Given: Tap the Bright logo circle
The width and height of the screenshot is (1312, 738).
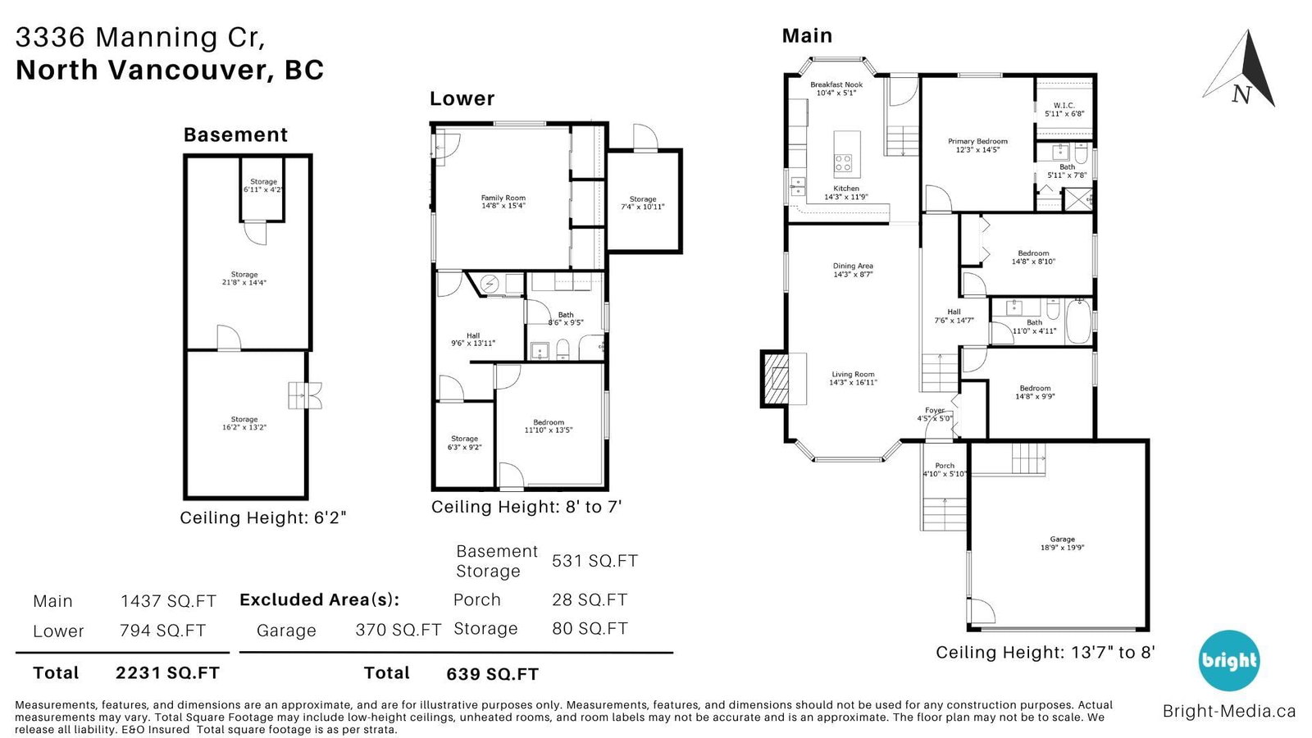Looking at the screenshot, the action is (x=1229, y=661).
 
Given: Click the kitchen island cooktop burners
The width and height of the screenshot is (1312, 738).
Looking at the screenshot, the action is (x=844, y=163).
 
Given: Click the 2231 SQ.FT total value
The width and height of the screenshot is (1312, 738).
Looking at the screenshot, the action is (x=167, y=673).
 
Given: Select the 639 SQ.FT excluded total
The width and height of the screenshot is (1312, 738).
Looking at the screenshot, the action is (x=493, y=674).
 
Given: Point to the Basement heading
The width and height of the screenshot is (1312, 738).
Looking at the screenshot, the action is (x=235, y=134).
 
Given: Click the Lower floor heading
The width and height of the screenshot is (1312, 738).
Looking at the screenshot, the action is (x=462, y=98).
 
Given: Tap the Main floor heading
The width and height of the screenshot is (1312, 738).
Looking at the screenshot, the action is (x=807, y=36).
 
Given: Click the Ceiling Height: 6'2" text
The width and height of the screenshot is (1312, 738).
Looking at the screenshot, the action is (x=263, y=517).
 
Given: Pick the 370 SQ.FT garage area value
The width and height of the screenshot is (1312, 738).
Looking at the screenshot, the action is (x=399, y=630).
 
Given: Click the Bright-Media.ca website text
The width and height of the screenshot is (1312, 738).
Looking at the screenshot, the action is (x=1229, y=711).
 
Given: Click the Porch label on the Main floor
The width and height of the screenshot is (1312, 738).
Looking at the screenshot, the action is (x=945, y=466).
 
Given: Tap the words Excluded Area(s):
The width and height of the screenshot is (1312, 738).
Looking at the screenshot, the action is (x=320, y=599).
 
